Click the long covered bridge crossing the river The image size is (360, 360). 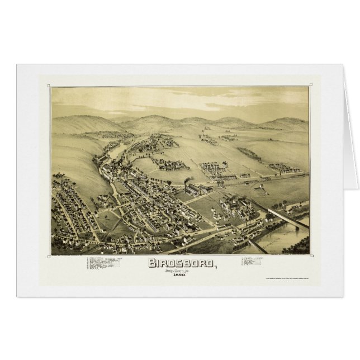pyautogui.click(x=288, y=216)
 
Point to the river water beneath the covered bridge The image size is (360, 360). pyautogui.click(x=282, y=238)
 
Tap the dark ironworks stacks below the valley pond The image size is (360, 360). pyautogui.click(x=120, y=165)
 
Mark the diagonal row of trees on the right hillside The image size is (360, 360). pyautogui.click(x=248, y=153)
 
